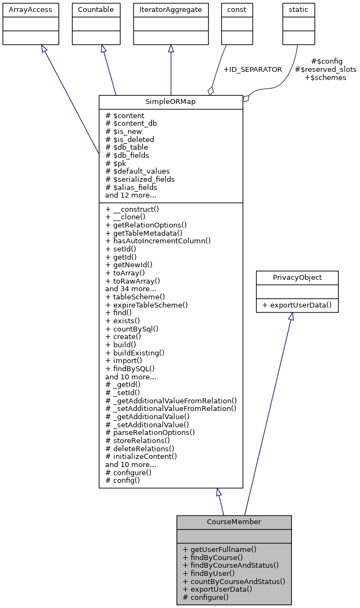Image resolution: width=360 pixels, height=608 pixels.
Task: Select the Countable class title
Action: (96, 10)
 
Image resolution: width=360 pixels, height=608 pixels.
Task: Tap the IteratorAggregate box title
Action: (170, 10)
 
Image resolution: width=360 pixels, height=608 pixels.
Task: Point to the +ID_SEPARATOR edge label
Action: (253, 70)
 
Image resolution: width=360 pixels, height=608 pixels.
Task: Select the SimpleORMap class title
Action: (170, 102)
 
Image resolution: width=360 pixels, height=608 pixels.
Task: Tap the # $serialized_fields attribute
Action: (140, 179)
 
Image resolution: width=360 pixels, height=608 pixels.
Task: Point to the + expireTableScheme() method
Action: (147, 305)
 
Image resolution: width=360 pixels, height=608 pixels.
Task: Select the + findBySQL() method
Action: (130, 369)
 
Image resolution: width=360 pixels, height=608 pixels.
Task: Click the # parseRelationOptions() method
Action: (150, 432)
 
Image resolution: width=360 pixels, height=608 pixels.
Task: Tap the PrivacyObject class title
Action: (297, 278)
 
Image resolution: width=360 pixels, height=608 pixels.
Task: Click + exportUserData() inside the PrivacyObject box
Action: (297, 305)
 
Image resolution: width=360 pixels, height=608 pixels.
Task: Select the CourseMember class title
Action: (234, 522)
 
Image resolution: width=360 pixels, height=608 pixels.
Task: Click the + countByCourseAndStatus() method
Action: (234, 581)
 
